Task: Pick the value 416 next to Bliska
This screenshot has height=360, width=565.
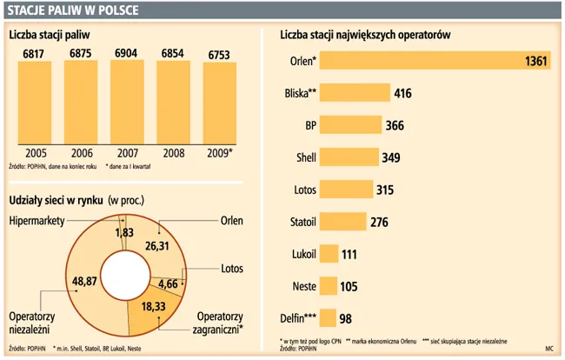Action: [x=402, y=93]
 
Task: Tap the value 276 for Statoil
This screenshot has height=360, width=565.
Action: [x=379, y=222]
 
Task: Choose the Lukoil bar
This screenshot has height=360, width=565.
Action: [x=329, y=254]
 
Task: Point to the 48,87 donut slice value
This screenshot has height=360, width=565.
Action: [x=59, y=283]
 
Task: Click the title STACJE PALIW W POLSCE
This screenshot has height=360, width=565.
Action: [x=70, y=10]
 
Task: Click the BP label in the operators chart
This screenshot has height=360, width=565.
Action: [x=309, y=125]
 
